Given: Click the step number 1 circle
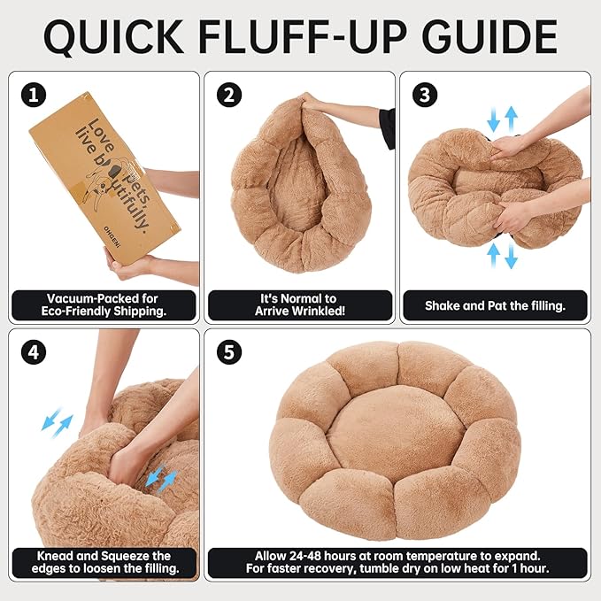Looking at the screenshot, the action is (34, 95).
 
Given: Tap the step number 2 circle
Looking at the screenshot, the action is (229, 95).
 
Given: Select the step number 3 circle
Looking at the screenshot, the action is (425, 95).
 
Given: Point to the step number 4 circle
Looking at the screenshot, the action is (34, 352).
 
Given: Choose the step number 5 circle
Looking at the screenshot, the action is (229, 352).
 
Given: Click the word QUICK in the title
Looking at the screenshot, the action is (113, 37).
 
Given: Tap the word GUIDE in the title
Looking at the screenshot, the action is (489, 36).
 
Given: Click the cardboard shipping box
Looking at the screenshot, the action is (104, 174).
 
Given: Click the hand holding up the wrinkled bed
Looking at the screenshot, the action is (315, 102).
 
